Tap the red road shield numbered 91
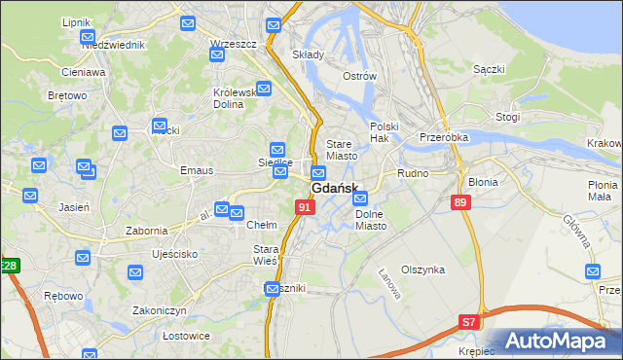306,207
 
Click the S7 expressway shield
469,322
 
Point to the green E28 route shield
9,266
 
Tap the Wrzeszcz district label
233,44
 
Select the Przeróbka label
444,137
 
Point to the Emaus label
196,170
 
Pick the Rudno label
413,173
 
